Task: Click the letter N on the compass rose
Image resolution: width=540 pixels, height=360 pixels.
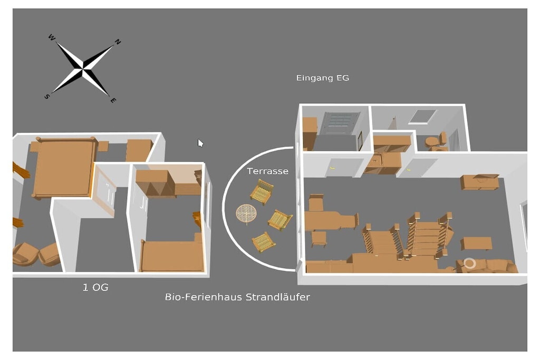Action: click(118, 42)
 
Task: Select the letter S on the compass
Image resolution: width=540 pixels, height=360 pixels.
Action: click(47, 96)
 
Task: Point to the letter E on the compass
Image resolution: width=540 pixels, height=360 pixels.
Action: click(113, 100)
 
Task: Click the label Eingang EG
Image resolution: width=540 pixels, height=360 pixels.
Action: click(323, 78)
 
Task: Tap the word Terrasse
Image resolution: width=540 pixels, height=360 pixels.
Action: click(267, 171)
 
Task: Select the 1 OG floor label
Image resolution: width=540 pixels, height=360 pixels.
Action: click(95, 287)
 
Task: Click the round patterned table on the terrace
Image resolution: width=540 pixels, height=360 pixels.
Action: click(246, 213)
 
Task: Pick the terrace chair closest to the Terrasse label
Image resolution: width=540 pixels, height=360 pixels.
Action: click(262, 192)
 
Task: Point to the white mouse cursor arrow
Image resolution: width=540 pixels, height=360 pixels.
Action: click(200, 143)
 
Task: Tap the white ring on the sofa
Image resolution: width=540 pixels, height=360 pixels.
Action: click(469, 264)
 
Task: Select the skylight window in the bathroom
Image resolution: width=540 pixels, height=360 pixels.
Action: click(422, 116)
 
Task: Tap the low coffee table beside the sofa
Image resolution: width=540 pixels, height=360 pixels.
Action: click(476, 244)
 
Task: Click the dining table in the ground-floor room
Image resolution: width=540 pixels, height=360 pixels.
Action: click(330, 220)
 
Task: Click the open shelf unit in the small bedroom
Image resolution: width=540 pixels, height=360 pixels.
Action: click(156, 184)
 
